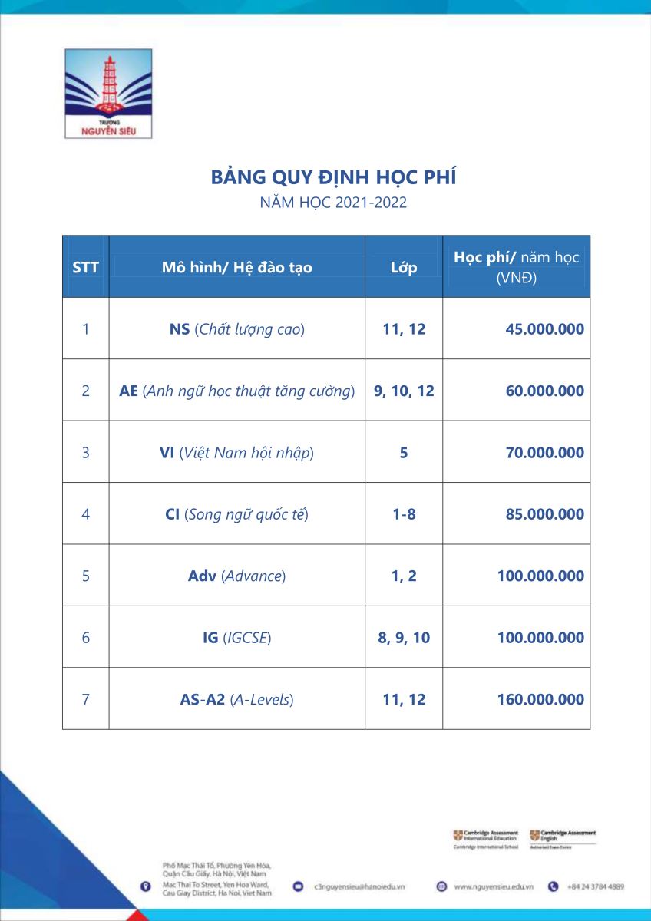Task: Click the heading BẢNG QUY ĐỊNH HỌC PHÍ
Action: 333,178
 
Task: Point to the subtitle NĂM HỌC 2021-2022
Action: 333,203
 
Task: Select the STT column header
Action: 85,268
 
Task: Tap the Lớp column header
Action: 404,268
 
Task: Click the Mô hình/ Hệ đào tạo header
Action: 236,268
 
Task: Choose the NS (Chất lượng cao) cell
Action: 236,329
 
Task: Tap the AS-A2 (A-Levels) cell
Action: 236,699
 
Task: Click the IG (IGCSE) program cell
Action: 236,638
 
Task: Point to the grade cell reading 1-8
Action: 404,514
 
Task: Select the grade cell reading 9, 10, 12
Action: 404,391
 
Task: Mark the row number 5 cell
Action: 85,576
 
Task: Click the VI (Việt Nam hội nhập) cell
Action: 236,453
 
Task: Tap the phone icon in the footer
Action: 553,886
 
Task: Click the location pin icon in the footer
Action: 145,886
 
